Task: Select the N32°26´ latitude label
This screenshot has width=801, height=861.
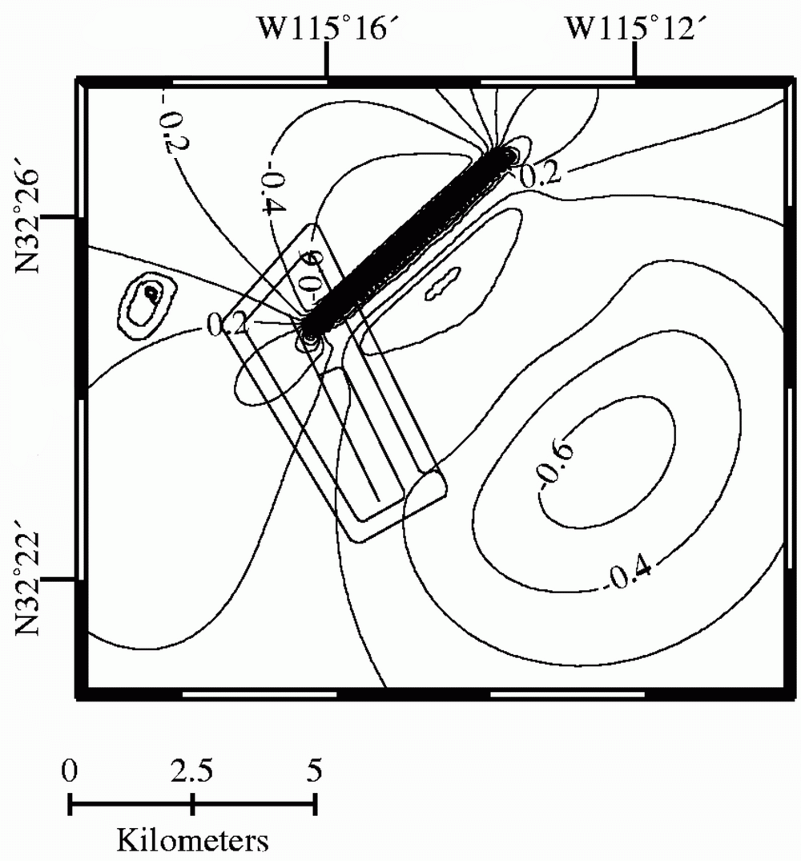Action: coord(31,220)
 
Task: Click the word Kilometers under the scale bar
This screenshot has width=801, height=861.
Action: coord(193,842)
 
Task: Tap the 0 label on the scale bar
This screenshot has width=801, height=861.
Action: coord(70,771)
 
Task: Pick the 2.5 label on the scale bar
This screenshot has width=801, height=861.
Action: coord(192,771)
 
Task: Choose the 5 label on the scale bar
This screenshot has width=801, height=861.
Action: coord(315,771)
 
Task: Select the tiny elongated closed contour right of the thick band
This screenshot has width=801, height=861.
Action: coord(441,284)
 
